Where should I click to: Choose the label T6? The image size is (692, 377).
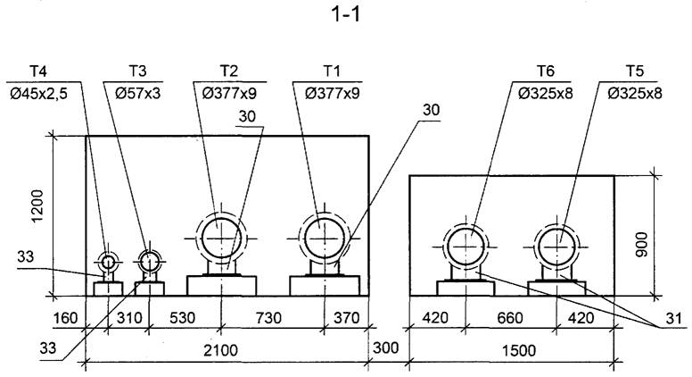point(546,71)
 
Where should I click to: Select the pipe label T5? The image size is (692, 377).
point(634,71)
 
